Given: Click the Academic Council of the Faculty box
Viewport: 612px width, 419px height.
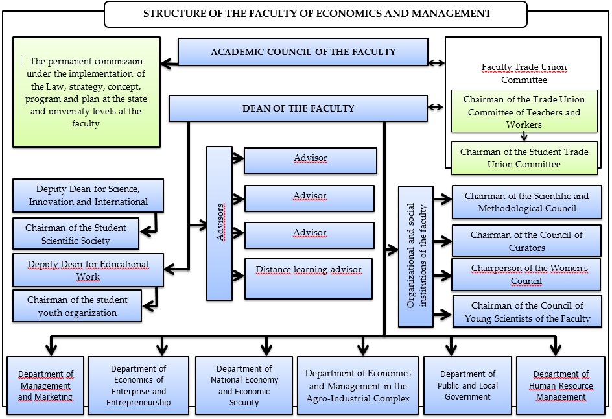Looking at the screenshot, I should tap(303, 52).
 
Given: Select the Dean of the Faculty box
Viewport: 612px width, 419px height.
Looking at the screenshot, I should tap(298, 108).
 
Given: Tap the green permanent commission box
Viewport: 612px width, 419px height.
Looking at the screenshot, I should tap(86, 91).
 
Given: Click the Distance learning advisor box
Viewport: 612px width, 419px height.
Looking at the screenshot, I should tap(309, 278).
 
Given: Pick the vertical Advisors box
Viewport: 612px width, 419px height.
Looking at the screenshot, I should tap(219, 223).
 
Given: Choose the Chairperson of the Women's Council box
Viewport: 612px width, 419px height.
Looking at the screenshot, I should tap(526, 275).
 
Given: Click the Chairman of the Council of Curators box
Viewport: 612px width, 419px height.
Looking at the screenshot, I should tap(526, 241).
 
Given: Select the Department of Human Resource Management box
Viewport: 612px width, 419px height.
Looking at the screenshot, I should tap(561, 385).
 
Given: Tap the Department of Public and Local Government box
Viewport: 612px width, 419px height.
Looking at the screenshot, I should tap(467, 385).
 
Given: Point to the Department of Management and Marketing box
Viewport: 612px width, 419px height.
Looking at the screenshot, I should tap(45, 385).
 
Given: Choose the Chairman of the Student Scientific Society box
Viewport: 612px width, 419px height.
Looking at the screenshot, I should tap(76, 234).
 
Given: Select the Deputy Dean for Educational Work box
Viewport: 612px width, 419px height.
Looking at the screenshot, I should tap(88, 270).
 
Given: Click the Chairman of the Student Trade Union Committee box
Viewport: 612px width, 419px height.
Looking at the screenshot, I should tap(524, 158).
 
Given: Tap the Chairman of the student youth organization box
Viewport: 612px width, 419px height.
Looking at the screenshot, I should tap(77, 306).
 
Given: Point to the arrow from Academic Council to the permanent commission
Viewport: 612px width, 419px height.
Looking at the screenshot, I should tap(169, 64).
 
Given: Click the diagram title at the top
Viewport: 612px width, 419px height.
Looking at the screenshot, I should tap(316, 14).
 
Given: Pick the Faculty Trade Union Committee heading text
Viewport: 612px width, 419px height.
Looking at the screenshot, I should tap(524, 73).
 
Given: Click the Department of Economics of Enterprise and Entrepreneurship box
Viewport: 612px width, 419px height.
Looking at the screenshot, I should tap(138, 385).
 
